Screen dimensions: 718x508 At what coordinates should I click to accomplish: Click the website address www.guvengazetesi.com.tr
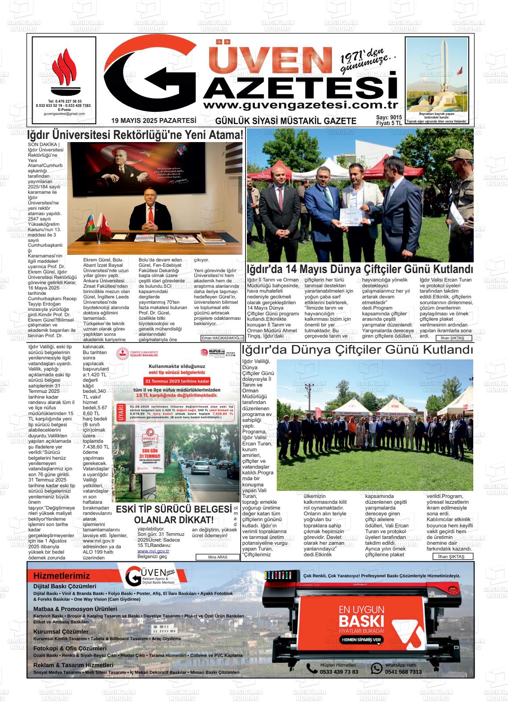pos(300,105)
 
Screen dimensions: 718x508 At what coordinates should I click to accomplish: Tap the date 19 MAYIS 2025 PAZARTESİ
pos(154,120)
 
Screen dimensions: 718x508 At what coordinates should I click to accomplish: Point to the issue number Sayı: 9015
pos(389,117)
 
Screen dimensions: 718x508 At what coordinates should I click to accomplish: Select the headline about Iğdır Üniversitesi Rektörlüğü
pos(135,135)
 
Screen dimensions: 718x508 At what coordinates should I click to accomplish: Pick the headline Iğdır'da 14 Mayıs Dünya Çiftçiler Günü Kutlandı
pos(360,269)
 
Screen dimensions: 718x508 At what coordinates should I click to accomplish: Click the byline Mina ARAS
pos(217,557)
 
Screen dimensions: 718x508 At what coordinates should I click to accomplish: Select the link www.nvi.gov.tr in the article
pos(153,551)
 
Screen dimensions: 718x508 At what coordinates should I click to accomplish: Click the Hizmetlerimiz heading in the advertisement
pos(61,576)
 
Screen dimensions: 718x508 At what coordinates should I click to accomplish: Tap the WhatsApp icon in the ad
pos(377,668)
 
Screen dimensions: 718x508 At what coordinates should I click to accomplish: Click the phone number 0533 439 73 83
pos(339,672)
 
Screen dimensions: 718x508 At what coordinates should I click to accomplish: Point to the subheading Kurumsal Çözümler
pos(61,632)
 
